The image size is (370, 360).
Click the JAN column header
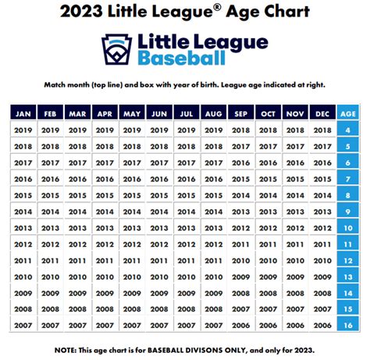(x=23, y=113)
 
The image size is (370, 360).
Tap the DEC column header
(x=322, y=113)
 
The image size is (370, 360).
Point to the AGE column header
(x=348, y=113)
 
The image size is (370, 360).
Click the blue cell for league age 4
(x=348, y=131)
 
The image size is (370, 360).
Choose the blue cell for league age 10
(x=348, y=227)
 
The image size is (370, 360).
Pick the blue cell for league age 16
(x=348, y=324)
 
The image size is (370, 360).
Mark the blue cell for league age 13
(x=348, y=276)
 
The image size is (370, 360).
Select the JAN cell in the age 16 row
(x=23, y=324)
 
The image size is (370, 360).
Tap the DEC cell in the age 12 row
(x=322, y=259)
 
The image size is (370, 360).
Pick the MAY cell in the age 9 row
(x=131, y=212)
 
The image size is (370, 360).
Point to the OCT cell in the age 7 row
(x=269, y=179)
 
